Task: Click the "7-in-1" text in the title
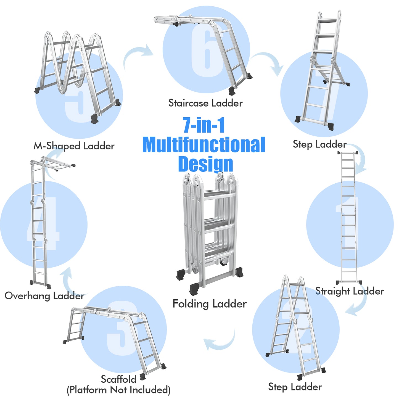(204, 125)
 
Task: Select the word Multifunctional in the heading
(204, 145)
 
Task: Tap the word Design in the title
(205, 164)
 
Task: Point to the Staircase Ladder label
(205, 103)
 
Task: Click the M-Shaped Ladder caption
(74, 146)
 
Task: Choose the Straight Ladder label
(350, 291)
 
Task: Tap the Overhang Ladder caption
(44, 296)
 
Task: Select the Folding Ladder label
(209, 304)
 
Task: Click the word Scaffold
(118, 379)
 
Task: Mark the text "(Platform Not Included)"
(118, 390)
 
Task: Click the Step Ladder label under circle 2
(295, 387)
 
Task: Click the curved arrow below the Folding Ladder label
(221, 341)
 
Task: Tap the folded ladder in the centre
(210, 232)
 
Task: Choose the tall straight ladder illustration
(349, 218)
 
